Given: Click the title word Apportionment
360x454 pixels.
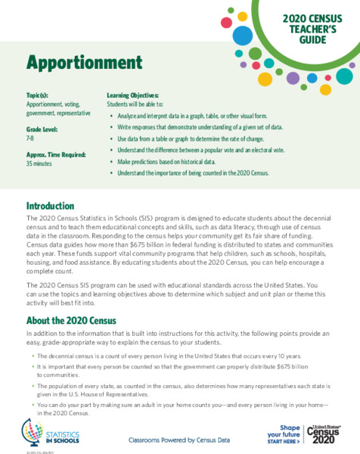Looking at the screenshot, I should [x=73, y=61].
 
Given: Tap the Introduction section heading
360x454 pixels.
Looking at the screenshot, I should [x=50, y=206].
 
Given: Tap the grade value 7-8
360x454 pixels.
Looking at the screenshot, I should [x=30, y=138].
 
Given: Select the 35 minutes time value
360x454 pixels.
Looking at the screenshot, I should [x=39, y=163].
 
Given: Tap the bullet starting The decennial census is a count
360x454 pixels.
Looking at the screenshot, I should [x=163, y=355].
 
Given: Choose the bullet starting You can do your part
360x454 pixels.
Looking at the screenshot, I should [x=178, y=408].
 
